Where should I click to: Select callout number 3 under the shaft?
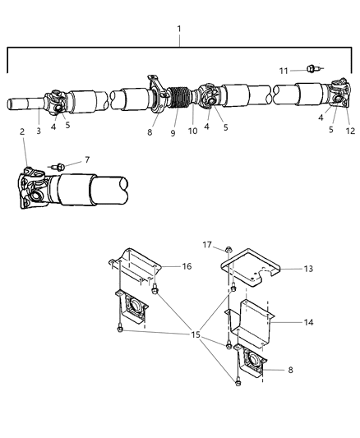(39, 130)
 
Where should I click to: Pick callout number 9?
(172, 132)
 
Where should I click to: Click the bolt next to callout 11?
(312, 69)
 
